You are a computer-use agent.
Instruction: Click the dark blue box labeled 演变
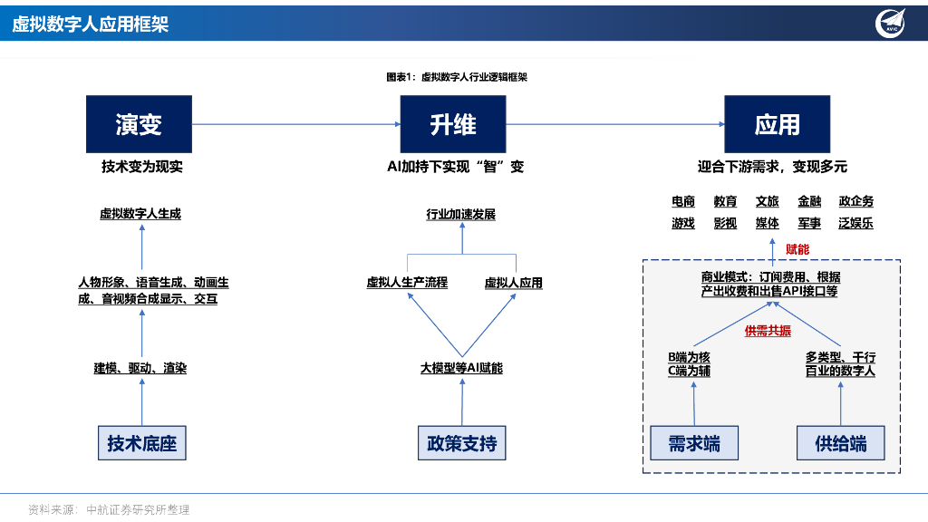pos(139,123)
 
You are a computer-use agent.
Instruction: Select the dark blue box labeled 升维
pos(453,123)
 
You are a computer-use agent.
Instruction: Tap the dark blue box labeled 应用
pos(777,123)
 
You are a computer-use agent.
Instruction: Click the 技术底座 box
pos(141,443)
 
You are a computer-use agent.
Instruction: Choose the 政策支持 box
pos(461,443)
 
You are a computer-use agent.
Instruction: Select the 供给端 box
pos(840,443)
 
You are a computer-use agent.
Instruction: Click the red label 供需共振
pos(768,331)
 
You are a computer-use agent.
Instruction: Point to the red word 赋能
pos(797,248)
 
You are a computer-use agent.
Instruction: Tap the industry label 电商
pos(683,201)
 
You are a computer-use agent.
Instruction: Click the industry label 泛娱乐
pos(855,223)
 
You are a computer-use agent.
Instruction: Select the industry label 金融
pos(809,201)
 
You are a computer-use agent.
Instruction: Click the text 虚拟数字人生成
pos(140,214)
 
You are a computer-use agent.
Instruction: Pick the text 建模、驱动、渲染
pos(140,369)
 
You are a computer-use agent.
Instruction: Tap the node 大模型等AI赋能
pos(461,369)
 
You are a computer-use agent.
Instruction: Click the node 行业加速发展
pos(461,215)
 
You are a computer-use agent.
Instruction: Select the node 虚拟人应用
pos(513,283)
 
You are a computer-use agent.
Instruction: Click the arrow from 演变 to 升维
pos(296,124)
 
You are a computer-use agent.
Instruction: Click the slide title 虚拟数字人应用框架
pos(91,24)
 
